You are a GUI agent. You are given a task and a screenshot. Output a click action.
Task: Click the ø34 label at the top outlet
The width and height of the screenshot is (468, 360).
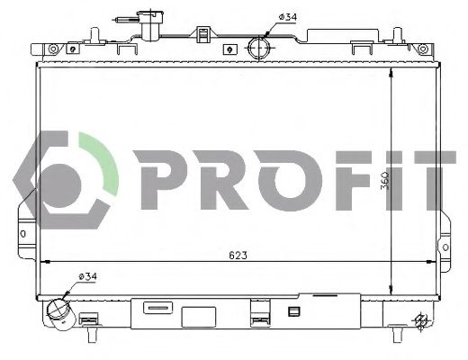point(287,15)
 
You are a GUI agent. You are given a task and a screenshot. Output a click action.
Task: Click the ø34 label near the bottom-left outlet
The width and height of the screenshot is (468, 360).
point(88,275)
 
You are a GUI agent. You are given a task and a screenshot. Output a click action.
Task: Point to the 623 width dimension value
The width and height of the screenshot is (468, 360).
point(237,255)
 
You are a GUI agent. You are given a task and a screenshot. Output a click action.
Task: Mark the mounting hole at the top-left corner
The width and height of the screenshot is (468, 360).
point(53,47)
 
